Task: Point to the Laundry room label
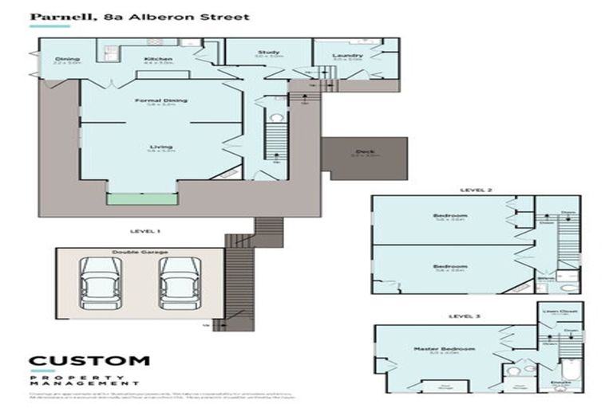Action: click(347, 55)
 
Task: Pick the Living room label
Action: click(160, 147)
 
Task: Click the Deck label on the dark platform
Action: click(365, 151)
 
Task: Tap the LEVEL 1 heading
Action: click(144, 230)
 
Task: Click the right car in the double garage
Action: click(178, 284)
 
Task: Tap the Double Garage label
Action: click(140, 252)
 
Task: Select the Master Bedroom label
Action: click(445, 349)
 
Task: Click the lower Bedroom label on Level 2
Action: click(450, 266)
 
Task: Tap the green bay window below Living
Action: click(143, 198)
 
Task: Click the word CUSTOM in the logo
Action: click(89, 361)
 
